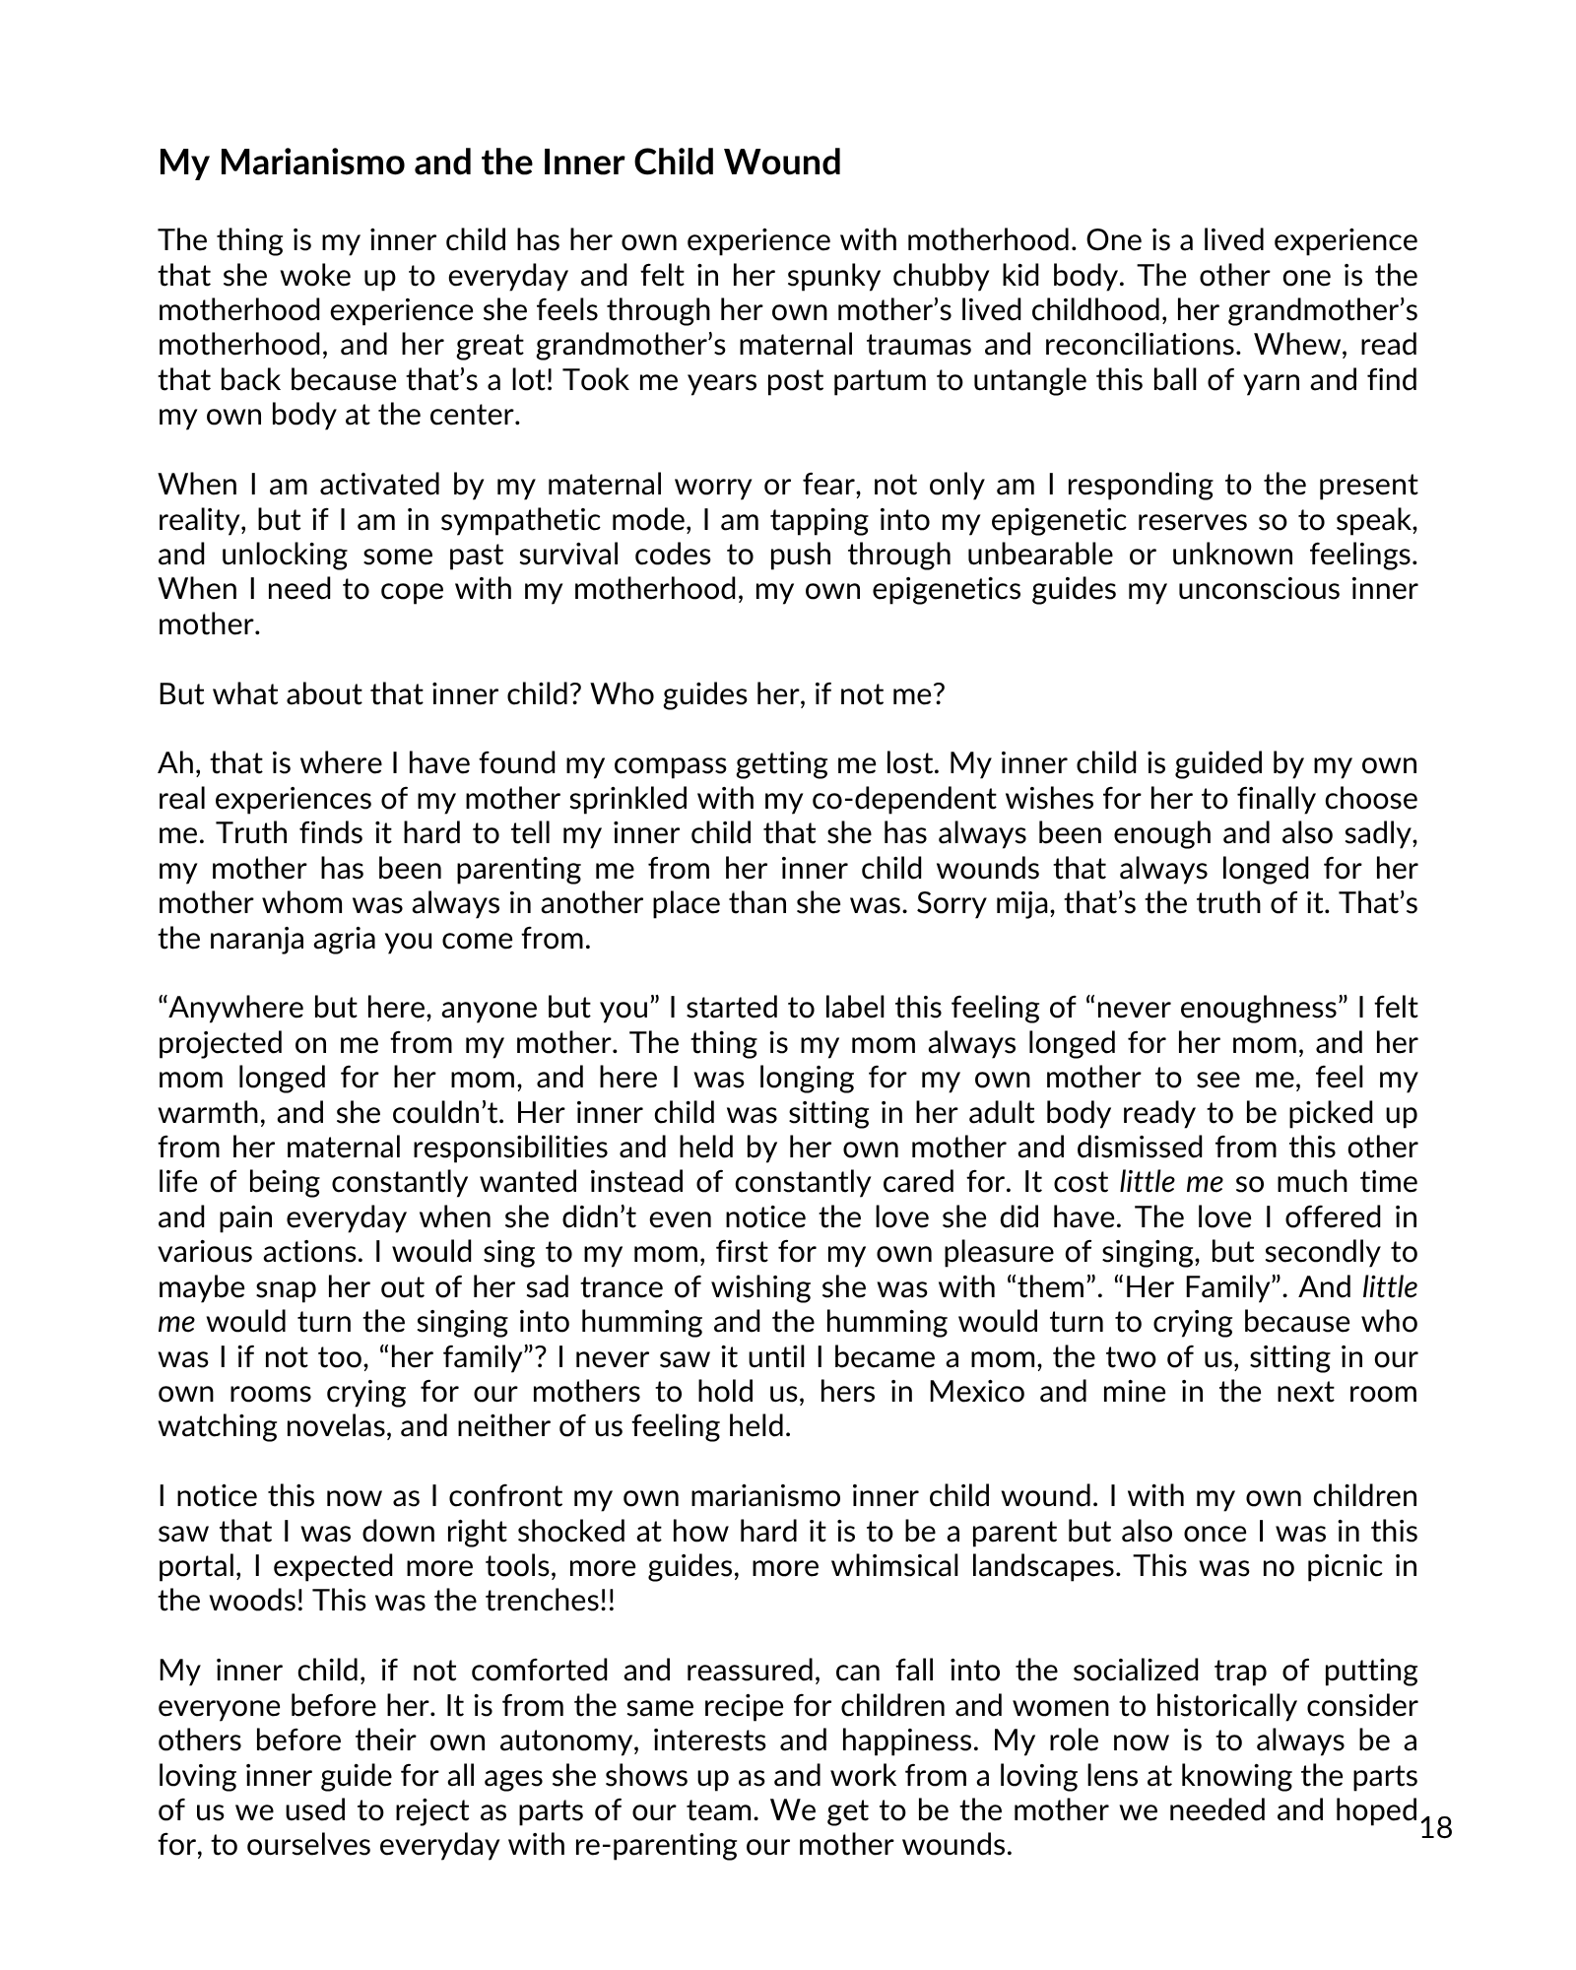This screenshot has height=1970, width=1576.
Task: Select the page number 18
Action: [x=1437, y=1829]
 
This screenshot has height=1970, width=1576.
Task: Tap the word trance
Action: [x=711, y=1287]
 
